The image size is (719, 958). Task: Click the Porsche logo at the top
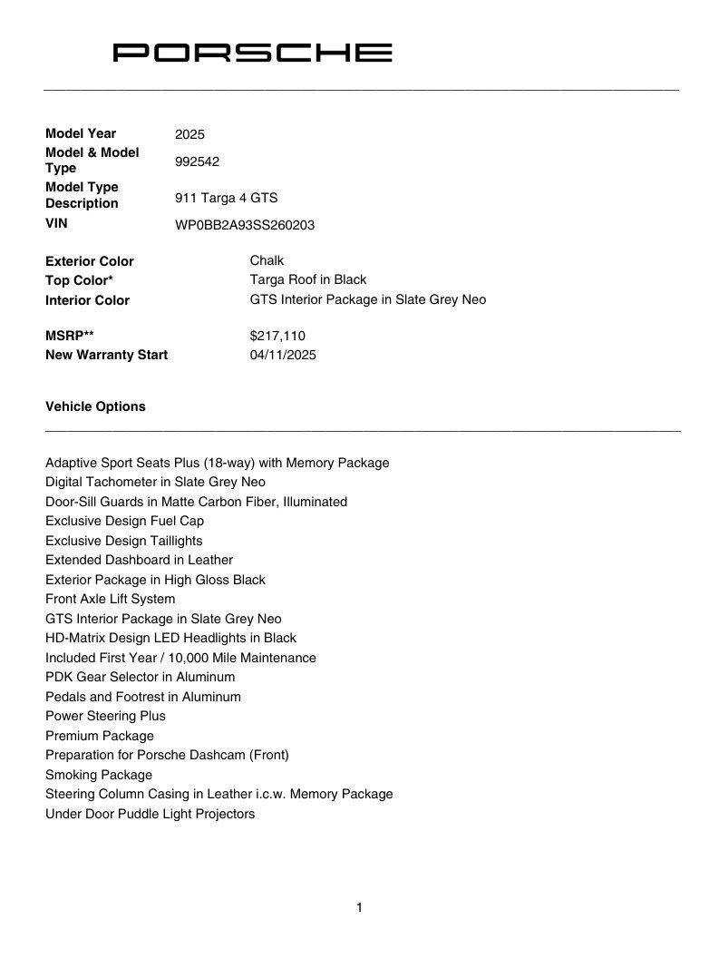pyautogui.click(x=252, y=53)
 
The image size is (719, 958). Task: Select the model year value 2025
pyautogui.click(x=189, y=134)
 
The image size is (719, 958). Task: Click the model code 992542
pyautogui.click(x=197, y=161)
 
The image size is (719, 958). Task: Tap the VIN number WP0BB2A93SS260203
pyautogui.click(x=245, y=225)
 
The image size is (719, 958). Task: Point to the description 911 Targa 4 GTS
pyautogui.click(x=226, y=197)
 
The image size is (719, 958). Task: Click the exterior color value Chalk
pyautogui.click(x=267, y=260)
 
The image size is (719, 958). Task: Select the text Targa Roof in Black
pyautogui.click(x=308, y=279)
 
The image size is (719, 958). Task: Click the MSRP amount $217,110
pyautogui.click(x=277, y=336)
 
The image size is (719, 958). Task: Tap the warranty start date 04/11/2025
pyautogui.click(x=283, y=355)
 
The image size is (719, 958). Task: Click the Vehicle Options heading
pyautogui.click(x=95, y=406)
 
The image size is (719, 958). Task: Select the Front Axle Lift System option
pyautogui.click(x=110, y=599)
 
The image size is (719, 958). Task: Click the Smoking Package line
pyautogui.click(x=99, y=775)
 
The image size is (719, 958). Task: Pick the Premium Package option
pyautogui.click(x=100, y=736)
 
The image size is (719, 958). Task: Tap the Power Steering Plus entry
pyautogui.click(x=105, y=716)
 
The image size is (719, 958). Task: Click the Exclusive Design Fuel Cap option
pyautogui.click(x=124, y=521)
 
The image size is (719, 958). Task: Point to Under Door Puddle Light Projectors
pyautogui.click(x=150, y=814)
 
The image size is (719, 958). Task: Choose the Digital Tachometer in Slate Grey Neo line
pyautogui.click(x=155, y=482)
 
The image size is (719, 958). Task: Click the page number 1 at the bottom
pyautogui.click(x=360, y=907)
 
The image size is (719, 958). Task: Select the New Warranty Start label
pyautogui.click(x=106, y=355)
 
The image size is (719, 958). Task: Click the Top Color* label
pyautogui.click(x=79, y=280)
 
